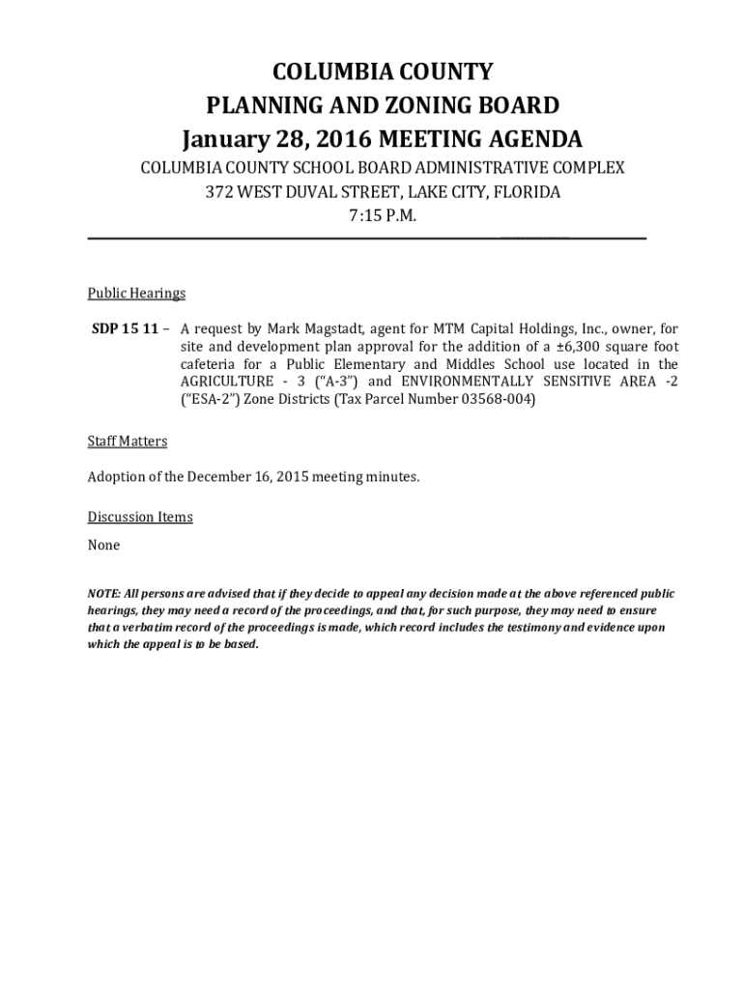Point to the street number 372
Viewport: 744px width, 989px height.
[219, 191]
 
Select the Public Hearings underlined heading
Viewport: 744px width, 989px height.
[136, 294]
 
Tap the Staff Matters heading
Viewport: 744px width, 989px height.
[128, 441]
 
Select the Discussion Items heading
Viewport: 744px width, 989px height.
[140, 518]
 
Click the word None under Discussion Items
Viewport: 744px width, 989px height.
[104, 546]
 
